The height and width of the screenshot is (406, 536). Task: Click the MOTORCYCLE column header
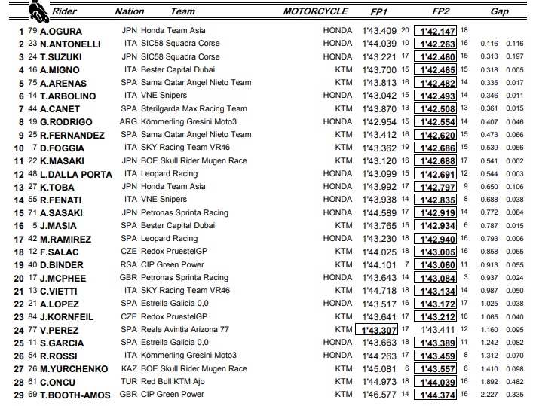316,11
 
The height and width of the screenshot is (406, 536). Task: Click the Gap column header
499,11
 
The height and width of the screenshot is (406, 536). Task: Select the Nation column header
129,11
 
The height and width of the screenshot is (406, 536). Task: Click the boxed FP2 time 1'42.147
437,31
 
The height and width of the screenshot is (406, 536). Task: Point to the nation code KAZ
130,369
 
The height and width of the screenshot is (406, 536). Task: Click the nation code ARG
130,121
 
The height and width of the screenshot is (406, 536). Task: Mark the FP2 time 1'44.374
437,395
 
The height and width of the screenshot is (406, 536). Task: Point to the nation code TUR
130,382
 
